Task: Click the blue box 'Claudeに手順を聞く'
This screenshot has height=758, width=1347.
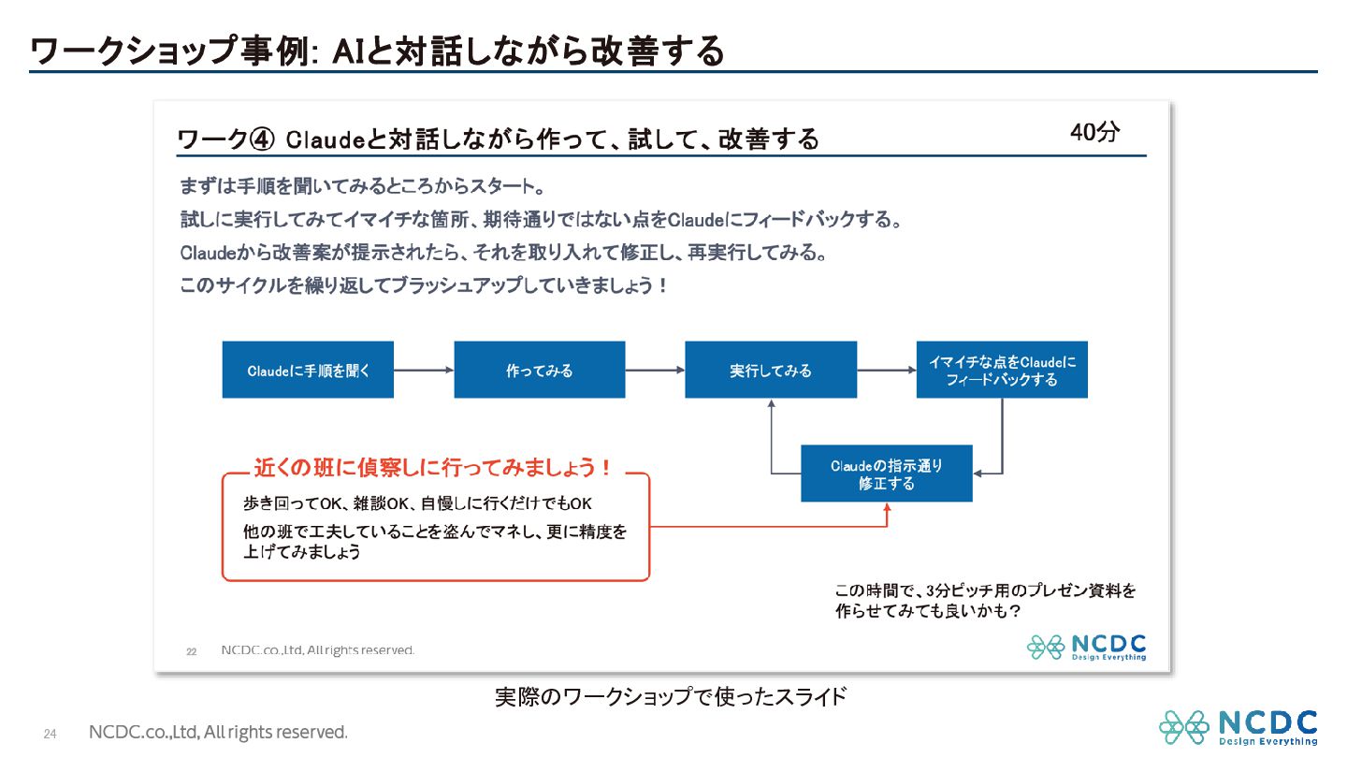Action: tap(308, 370)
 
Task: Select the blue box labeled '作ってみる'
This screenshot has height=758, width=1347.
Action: tap(540, 370)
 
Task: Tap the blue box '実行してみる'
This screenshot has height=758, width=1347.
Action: tap(771, 370)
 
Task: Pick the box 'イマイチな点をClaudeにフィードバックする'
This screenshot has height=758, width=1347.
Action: tap(1002, 370)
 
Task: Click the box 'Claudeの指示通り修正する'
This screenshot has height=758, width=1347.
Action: tap(887, 474)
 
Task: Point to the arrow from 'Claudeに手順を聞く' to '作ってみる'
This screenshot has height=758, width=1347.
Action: tap(424, 370)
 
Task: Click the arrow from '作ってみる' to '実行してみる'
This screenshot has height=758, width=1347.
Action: tap(655, 370)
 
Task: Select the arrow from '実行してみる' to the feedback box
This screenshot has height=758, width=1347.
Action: tap(887, 370)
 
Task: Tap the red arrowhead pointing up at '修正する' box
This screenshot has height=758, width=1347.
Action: tap(887, 508)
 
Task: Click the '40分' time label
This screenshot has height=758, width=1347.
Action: tap(1094, 132)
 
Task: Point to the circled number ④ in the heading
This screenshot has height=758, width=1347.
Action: tap(262, 139)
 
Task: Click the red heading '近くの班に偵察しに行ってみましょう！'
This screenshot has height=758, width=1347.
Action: tap(433, 468)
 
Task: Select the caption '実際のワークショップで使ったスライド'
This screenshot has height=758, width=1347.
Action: tap(671, 696)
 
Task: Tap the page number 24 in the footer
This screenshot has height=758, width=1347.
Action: tap(50, 734)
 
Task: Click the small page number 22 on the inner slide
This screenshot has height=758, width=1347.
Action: tap(191, 651)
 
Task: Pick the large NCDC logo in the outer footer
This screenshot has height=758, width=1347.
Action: tap(1238, 727)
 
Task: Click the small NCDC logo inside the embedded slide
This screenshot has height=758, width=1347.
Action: tap(1087, 648)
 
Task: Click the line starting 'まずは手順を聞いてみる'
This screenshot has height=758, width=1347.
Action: tap(363, 186)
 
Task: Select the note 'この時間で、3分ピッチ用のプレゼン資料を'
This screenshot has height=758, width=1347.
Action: tap(986, 590)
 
